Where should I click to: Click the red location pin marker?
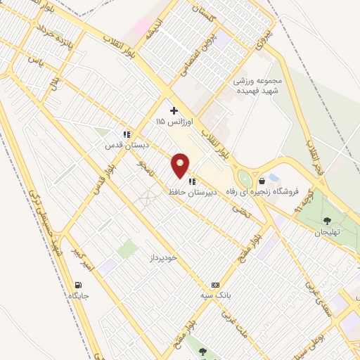coord(180,166)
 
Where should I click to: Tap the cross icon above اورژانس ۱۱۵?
coord(174,110)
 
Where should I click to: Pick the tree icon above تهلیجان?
coord(326,221)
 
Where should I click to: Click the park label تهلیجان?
coord(326,232)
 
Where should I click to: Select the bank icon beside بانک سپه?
coord(214,285)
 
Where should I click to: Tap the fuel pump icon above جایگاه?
coord(77,284)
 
